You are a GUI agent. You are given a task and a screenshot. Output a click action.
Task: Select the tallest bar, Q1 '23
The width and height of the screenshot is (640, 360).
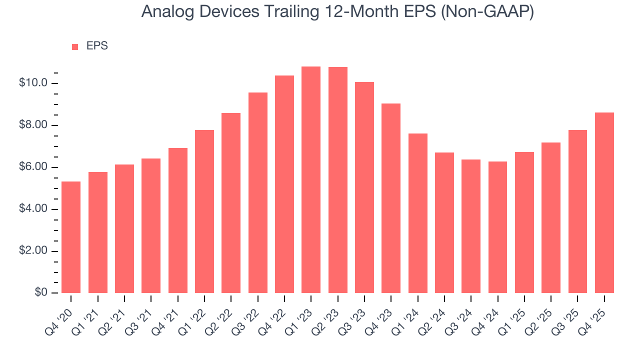(311, 180)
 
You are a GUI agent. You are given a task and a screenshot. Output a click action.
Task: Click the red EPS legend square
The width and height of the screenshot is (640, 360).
(75, 46)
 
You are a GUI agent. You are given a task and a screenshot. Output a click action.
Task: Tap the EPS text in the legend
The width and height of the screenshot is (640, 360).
(97, 46)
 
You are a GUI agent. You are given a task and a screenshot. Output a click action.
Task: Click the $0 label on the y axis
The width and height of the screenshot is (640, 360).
(41, 293)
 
